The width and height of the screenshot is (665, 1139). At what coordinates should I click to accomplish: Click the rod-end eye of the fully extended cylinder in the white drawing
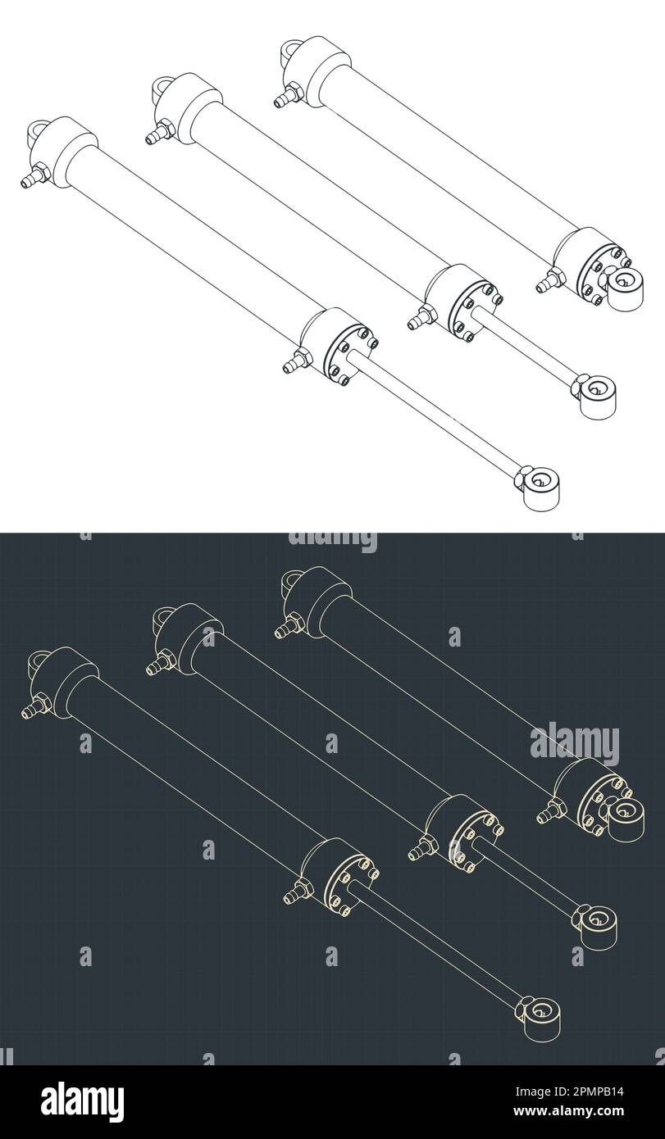540,488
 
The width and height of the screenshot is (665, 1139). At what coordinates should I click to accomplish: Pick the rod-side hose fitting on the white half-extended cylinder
421,317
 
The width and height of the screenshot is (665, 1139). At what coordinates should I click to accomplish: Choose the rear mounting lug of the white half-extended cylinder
162,88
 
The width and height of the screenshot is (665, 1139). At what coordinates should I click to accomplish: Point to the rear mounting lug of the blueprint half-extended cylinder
162,619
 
